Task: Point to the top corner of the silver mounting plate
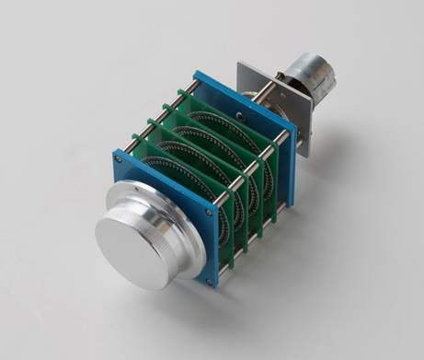241,65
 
